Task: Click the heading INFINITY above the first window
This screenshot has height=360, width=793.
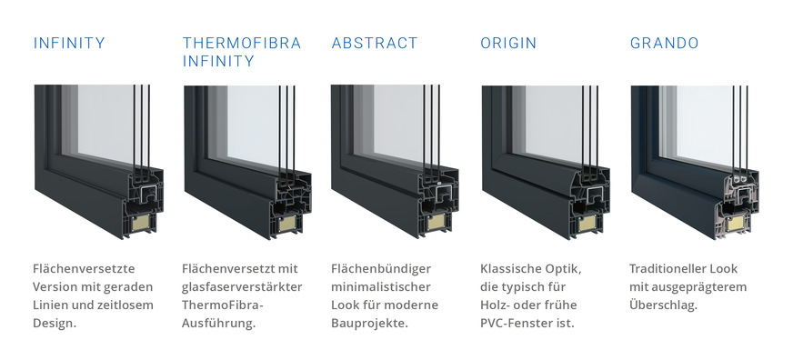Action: (68, 43)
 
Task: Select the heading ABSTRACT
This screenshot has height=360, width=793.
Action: (375, 43)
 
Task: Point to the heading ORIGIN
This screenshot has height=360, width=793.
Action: (508, 43)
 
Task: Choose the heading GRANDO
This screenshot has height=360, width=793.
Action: (663, 43)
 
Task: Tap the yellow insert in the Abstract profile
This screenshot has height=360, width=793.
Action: (437, 222)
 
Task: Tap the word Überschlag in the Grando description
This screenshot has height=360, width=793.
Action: (663, 305)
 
